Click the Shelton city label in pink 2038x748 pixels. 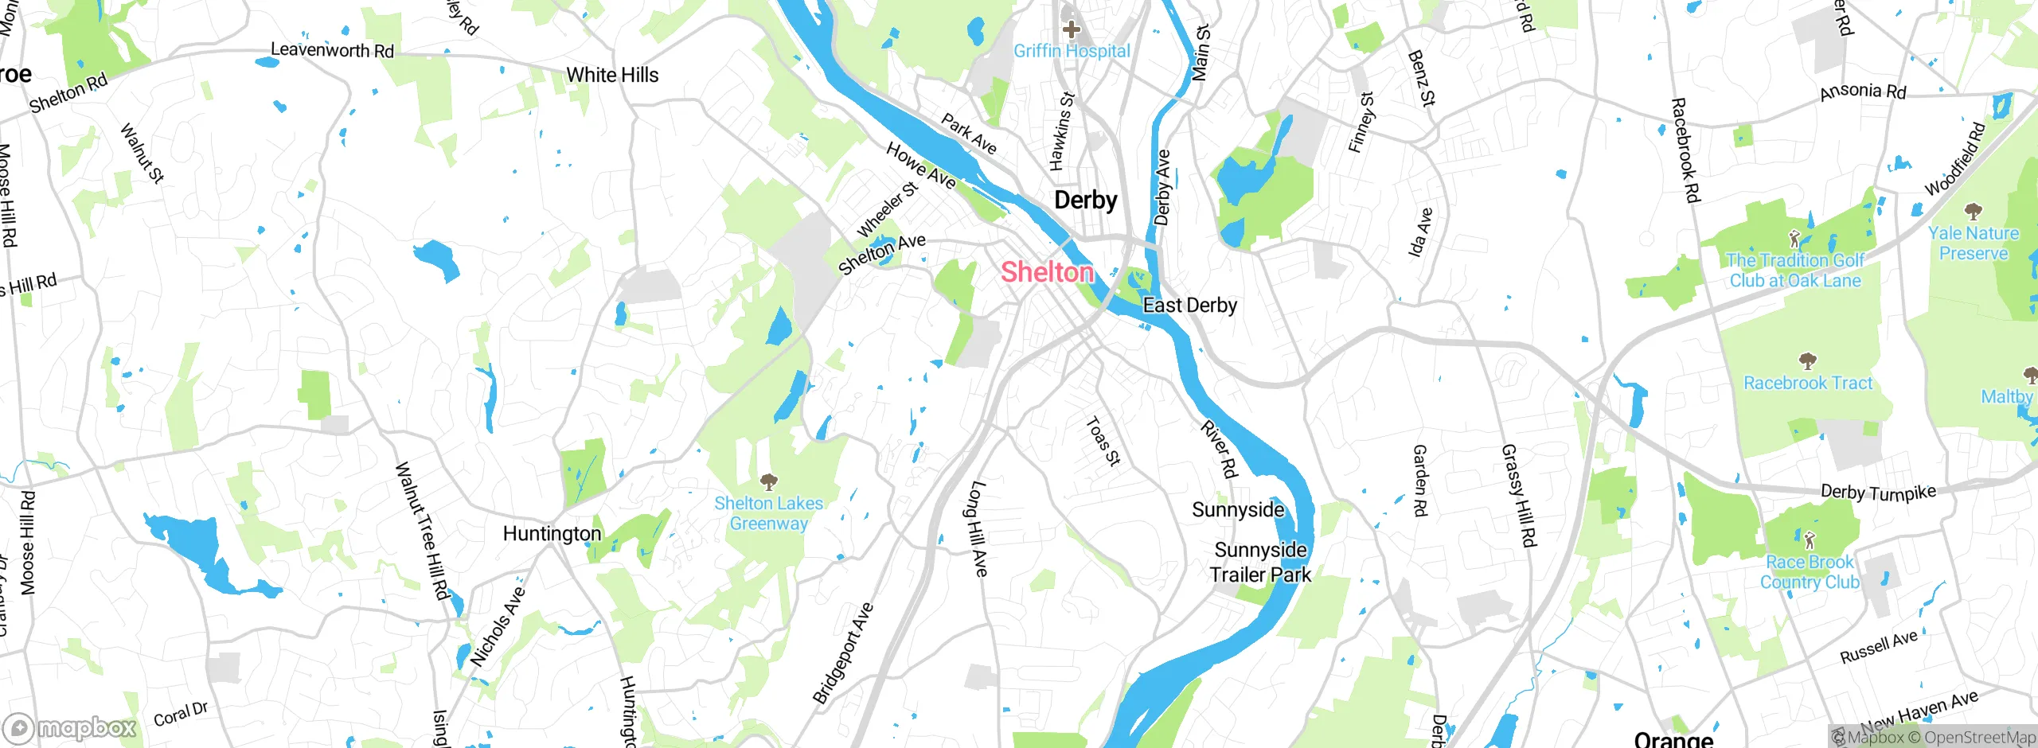[1047, 272]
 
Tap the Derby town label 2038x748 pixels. [1085, 200]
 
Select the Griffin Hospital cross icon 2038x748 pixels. [1072, 30]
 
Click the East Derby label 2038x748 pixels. [1189, 306]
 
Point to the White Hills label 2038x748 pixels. [612, 76]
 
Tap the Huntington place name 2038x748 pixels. [552, 534]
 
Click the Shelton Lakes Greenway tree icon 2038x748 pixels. [768, 481]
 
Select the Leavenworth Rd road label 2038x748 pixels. [332, 50]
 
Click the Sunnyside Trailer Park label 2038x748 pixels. [1260, 563]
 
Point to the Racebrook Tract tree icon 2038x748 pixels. [1807, 362]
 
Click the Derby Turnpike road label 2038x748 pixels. [1878, 493]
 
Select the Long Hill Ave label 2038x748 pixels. [978, 528]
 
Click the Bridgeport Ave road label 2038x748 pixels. [843, 653]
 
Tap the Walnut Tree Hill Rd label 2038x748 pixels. [423, 531]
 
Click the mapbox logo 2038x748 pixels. [70, 727]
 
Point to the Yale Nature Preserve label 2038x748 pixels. [1974, 243]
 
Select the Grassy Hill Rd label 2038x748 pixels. [1517, 496]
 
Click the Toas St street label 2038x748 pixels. [1103, 442]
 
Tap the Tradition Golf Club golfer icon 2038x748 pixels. [1794, 238]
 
